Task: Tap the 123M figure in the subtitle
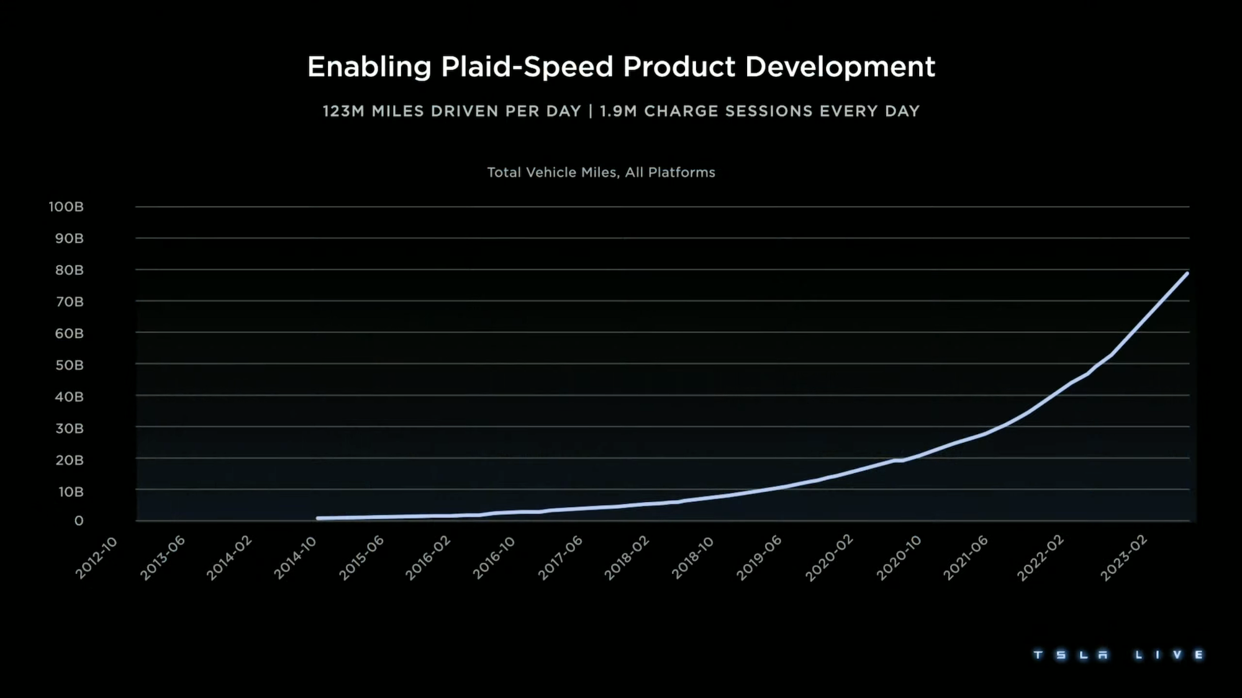click(343, 112)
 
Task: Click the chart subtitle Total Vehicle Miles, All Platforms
click(601, 172)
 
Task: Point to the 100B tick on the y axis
click(66, 207)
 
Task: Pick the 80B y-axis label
click(69, 270)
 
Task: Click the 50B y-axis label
click(69, 365)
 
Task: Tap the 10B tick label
click(71, 492)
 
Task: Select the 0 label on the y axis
click(79, 521)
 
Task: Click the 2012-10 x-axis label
click(96, 558)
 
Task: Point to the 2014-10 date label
click(296, 558)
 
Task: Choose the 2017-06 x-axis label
click(560, 558)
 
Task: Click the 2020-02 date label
click(829, 558)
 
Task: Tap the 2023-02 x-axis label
click(1123, 558)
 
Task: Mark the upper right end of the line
click(1187, 273)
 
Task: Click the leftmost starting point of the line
click(318, 518)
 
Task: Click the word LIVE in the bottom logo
click(1169, 655)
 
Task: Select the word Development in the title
click(840, 67)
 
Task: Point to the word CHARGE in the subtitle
click(681, 112)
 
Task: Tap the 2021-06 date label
click(965, 558)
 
